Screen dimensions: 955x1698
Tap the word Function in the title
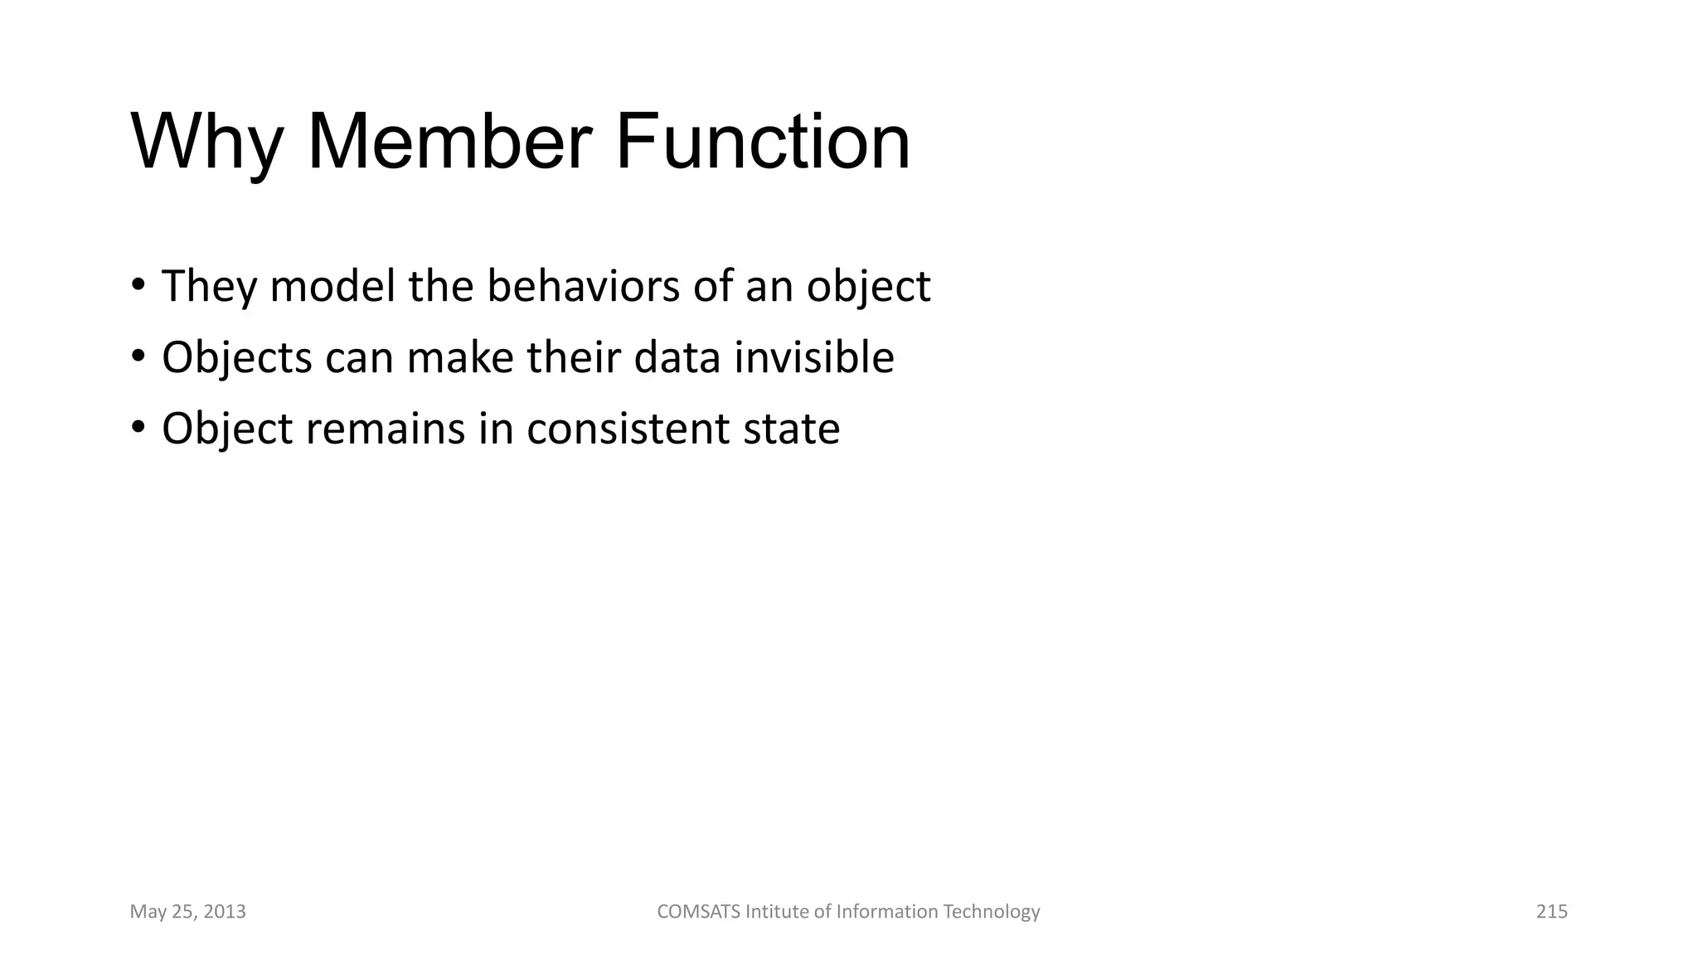[762, 143]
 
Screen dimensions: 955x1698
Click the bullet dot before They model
[138, 285]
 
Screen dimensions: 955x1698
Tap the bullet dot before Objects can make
[138, 357]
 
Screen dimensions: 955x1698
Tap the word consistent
[628, 429]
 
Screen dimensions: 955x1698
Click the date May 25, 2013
[188, 912]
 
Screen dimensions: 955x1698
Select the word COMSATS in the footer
[699, 912]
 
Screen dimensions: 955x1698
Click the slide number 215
[1551, 912]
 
